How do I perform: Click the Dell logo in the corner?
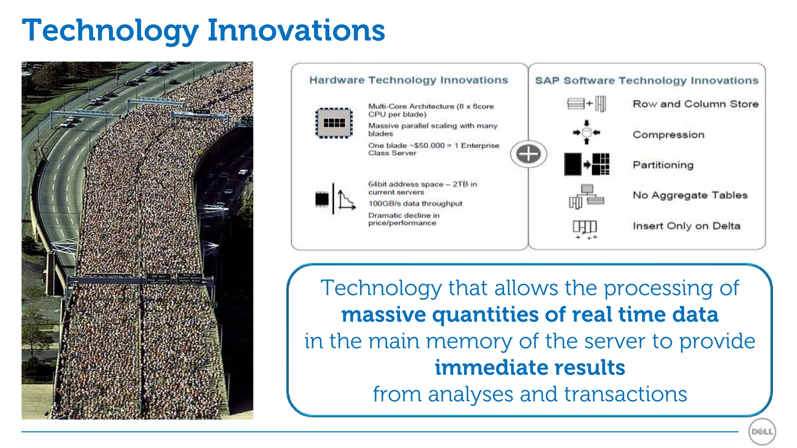[762, 432]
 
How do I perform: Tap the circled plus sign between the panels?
[528, 154]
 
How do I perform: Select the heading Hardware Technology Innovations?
[409, 80]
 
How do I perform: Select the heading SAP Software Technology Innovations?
[646, 80]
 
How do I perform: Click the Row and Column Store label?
[695, 104]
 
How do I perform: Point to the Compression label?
[668, 135]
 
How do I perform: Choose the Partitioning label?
[663, 165]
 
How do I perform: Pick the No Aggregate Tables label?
[690, 195]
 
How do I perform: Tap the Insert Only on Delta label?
[686, 226]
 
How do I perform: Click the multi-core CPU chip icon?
[334, 123]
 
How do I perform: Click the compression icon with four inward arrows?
[586, 133]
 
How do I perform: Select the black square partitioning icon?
[573, 164]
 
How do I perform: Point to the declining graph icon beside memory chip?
[346, 200]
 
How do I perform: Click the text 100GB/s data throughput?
[415, 203]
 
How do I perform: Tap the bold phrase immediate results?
[530, 367]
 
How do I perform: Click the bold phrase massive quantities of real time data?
[530, 314]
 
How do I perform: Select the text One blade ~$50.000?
[406, 145]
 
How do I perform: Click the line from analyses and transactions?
[530, 394]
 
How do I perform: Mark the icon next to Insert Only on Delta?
[585, 229]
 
